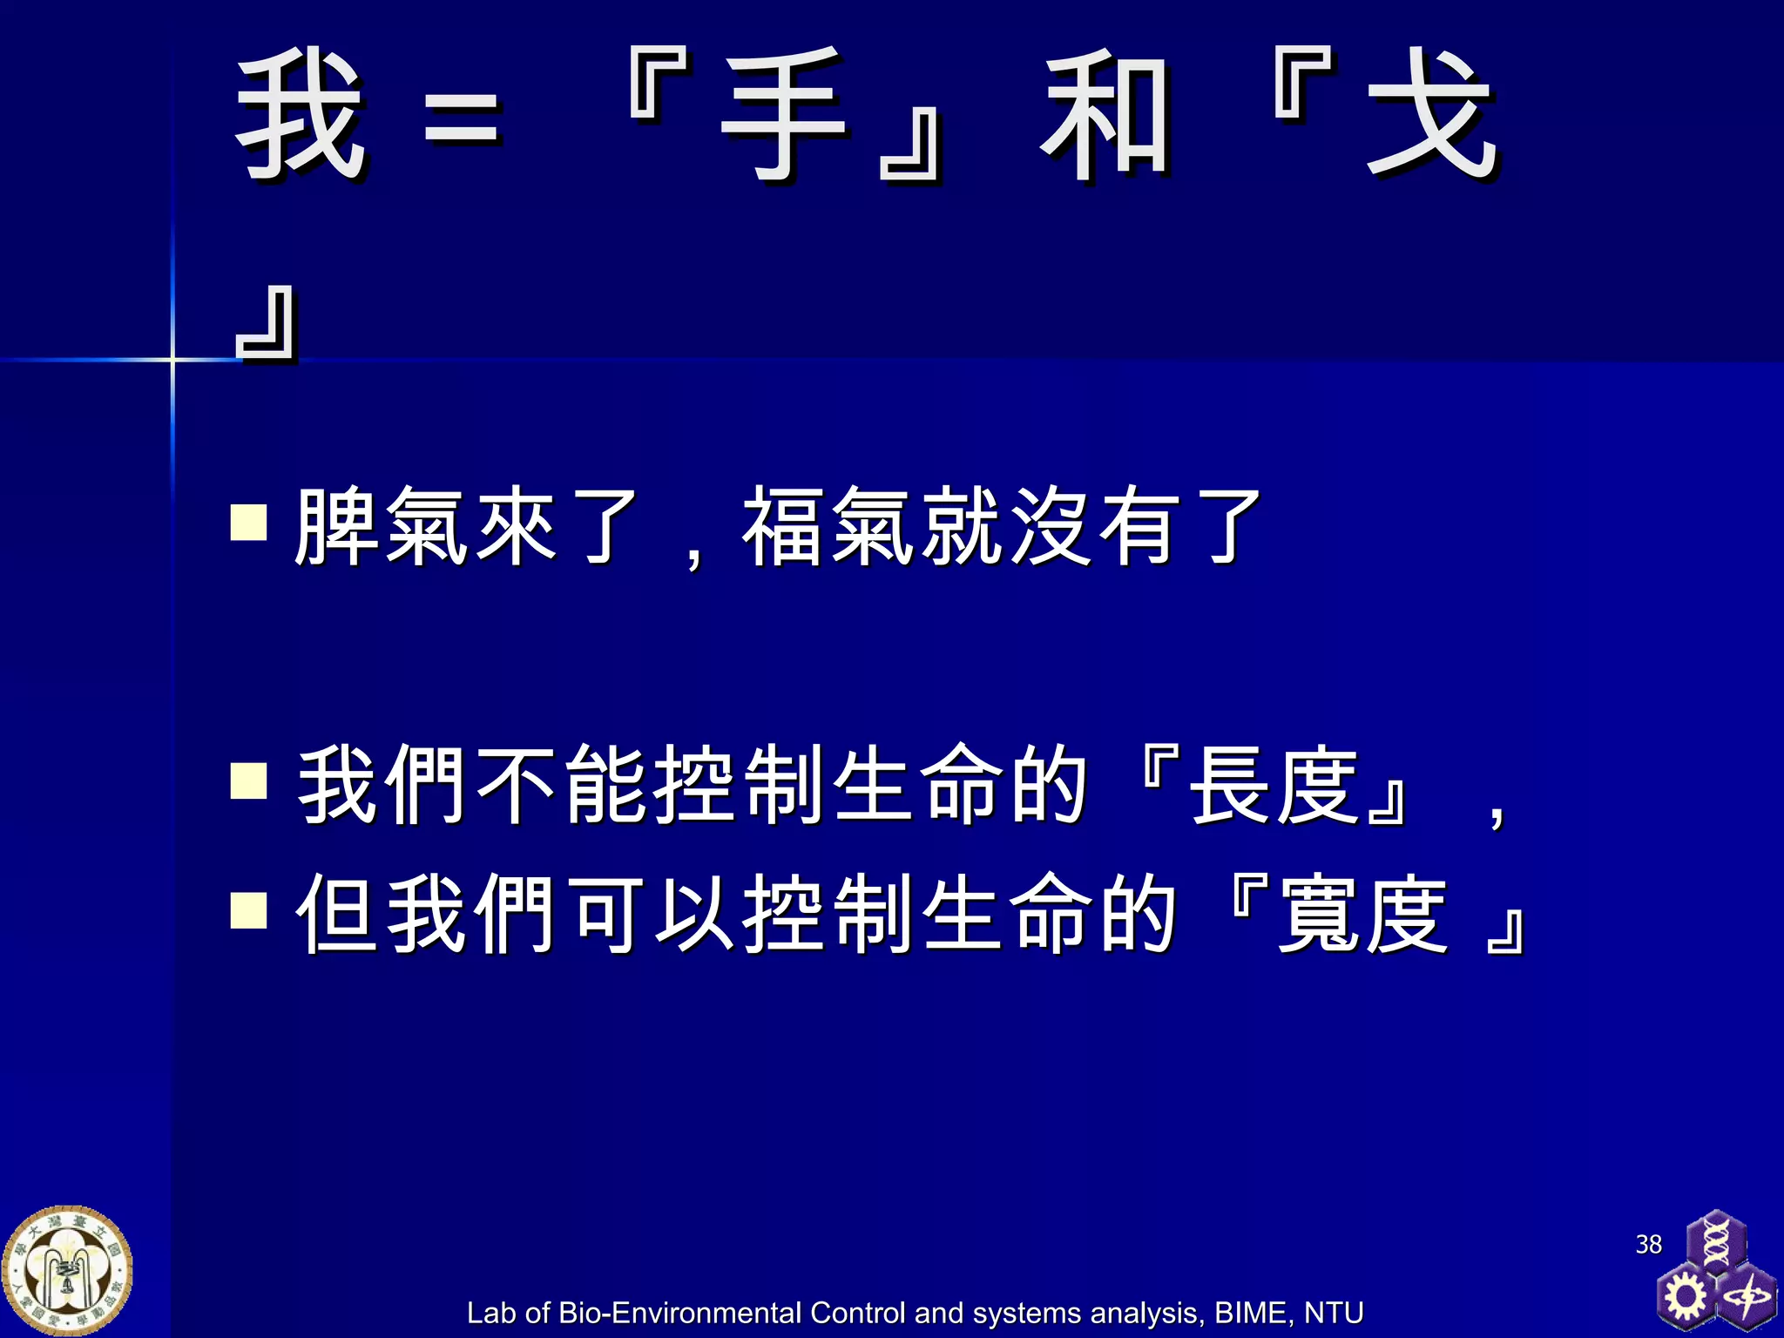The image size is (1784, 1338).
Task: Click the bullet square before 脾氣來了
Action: coord(249,523)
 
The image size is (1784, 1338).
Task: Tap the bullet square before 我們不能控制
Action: coord(249,780)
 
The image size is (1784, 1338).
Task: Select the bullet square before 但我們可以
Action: coord(249,911)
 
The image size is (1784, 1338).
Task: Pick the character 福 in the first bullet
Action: coord(783,526)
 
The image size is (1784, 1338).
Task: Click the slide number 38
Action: coord(1648,1244)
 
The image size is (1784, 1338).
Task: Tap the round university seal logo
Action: coord(67,1271)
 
